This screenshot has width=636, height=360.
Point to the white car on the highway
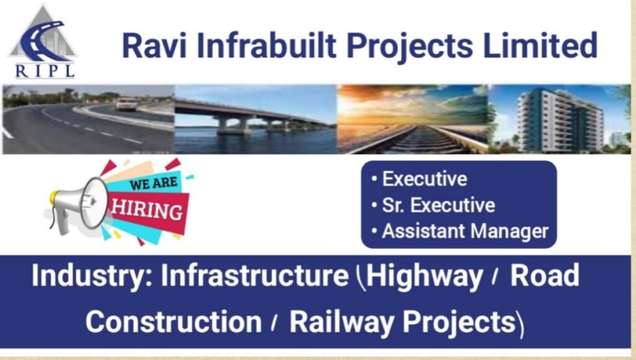[x=126, y=104]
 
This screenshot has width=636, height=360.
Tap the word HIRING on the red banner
[x=147, y=210]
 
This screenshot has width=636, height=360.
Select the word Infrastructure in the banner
[x=255, y=276]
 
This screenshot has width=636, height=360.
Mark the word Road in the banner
[x=544, y=276]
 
